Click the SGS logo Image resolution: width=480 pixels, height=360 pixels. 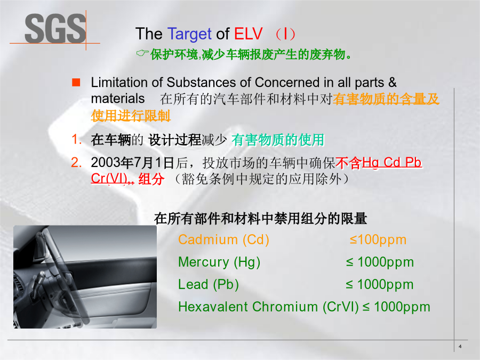pyautogui.click(x=55, y=29)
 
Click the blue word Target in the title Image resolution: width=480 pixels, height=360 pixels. pyautogui.click(x=189, y=34)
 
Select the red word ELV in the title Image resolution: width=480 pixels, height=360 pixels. pyautogui.click(x=248, y=34)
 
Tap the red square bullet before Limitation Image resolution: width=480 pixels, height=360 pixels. pyautogui.click(x=76, y=82)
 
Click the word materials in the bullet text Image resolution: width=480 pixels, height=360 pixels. pyautogui.click(x=118, y=99)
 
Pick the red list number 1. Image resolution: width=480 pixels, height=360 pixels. pyautogui.click(x=76, y=139)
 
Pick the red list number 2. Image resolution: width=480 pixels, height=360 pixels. pyautogui.click(x=76, y=162)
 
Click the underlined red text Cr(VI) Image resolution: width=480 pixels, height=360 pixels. pyautogui.click(x=109, y=179)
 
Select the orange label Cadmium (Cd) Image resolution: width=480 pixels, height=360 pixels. pyautogui.click(x=223, y=239)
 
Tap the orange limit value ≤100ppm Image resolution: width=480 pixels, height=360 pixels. pyautogui.click(x=378, y=240)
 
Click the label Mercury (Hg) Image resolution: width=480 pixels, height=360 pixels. pyautogui.click(x=219, y=262)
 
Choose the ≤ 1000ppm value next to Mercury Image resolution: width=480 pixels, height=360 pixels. pyautogui.click(x=380, y=262)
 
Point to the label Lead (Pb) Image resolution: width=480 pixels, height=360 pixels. pyautogui.click(x=209, y=284)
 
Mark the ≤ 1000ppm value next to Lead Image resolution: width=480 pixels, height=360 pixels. pyautogui.click(x=380, y=285)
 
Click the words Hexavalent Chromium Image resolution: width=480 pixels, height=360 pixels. pyautogui.click(x=248, y=307)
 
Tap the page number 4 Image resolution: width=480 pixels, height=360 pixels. pyautogui.click(x=460, y=347)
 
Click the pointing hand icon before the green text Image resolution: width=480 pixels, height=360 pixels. pyautogui.click(x=142, y=53)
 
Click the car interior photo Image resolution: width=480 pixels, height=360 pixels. pyautogui.click(x=85, y=277)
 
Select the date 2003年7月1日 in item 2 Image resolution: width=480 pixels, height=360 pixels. pyautogui.click(x=133, y=163)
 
